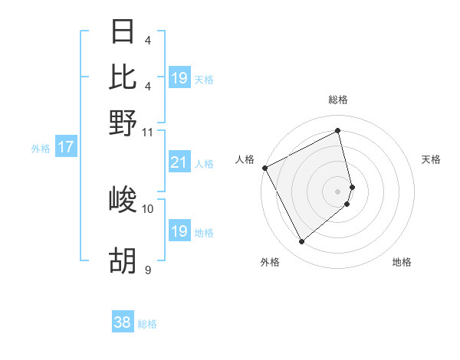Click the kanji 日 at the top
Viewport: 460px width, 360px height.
click(x=123, y=31)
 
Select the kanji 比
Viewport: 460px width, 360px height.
click(x=123, y=77)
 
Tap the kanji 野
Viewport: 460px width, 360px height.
click(x=123, y=122)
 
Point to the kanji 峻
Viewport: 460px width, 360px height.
click(x=123, y=200)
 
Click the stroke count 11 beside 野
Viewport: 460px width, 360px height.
click(x=147, y=131)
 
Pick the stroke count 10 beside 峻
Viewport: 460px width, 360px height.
click(x=147, y=208)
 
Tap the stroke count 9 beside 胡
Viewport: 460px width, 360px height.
click(x=147, y=269)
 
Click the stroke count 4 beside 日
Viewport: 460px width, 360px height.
click(x=147, y=40)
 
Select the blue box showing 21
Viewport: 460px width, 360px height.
click(x=179, y=162)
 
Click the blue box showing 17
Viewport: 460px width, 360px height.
click(x=65, y=147)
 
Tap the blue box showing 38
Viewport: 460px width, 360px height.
click(x=122, y=322)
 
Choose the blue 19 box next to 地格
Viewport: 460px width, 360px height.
click(x=179, y=231)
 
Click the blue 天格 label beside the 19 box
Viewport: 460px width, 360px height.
click(x=204, y=79)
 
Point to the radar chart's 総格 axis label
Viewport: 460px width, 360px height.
click(x=338, y=100)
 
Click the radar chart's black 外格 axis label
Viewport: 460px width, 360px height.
click(x=270, y=262)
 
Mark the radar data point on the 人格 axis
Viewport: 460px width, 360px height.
click(x=265, y=168)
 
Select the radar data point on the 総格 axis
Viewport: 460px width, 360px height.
click(x=338, y=130)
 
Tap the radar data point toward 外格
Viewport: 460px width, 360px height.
click(x=301, y=242)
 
